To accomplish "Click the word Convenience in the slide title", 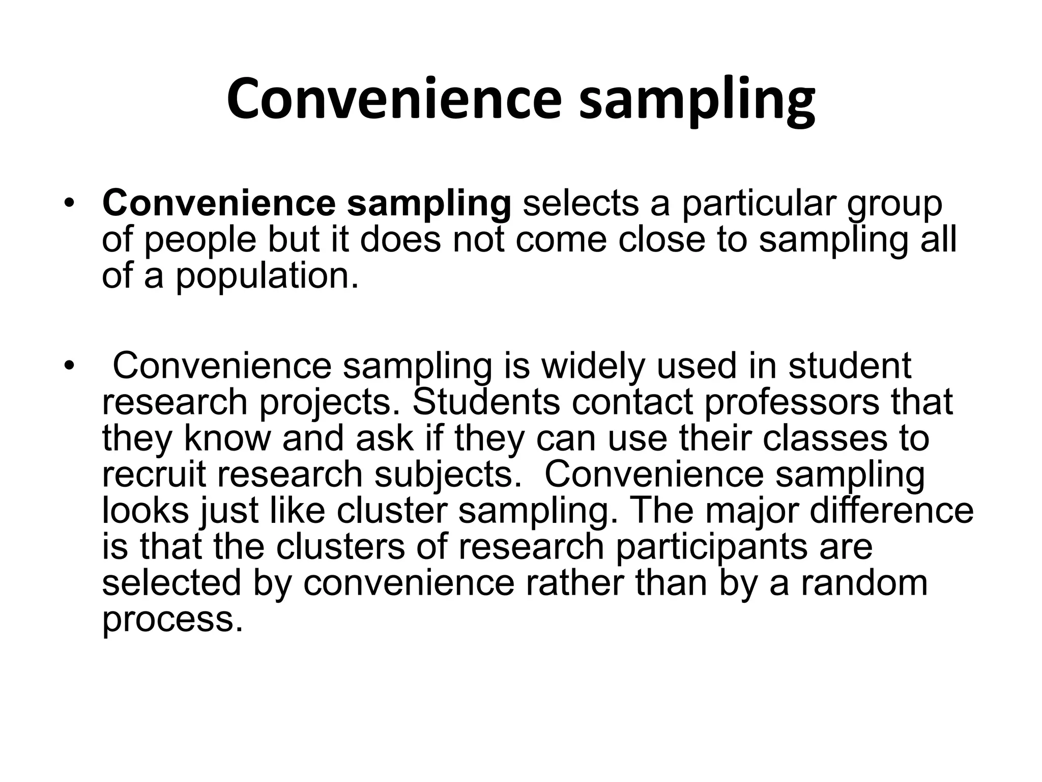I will coord(394,99).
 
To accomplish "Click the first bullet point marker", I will coord(68,204).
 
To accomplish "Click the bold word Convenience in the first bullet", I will coord(219,203).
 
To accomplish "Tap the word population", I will coord(267,277).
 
